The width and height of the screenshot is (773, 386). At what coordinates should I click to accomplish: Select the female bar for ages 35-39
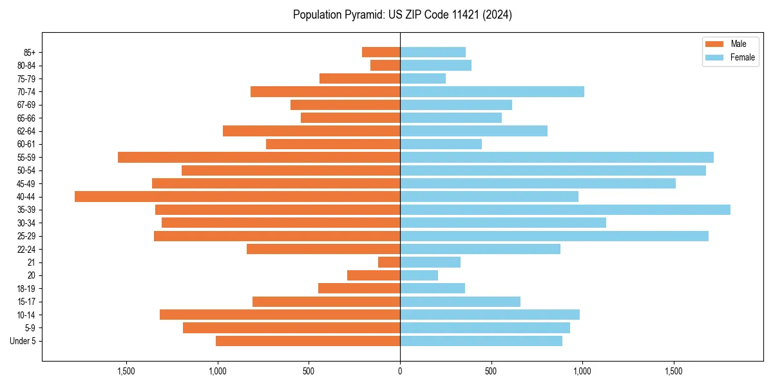click(565, 210)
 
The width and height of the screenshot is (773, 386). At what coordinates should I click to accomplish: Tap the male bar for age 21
click(389, 262)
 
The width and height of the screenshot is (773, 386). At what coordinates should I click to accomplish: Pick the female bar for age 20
click(419, 275)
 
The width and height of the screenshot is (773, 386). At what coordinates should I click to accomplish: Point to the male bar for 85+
click(381, 52)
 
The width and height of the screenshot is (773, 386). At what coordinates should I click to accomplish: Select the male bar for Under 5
click(308, 341)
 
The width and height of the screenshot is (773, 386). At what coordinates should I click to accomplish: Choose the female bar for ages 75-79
click(423, 78)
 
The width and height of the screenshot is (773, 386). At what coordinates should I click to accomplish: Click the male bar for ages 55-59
click(259, 158)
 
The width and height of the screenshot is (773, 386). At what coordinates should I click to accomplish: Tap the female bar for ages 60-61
click(441, 144)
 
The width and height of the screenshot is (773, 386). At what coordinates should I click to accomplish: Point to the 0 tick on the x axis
click(400, 371)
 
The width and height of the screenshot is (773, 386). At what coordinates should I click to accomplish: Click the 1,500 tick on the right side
click(674, 371)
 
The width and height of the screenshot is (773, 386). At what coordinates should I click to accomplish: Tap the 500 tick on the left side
click(309, 371)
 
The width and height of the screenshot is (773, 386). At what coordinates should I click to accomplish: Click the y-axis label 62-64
click(26, 131)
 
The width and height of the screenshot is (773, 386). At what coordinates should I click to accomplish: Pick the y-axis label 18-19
click(26, 289)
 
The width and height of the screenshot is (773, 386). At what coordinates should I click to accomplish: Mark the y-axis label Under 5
click(23, 341)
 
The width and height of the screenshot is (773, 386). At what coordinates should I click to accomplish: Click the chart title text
click(402, 15)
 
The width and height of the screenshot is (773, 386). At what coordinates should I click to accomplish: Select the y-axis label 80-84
click(26, 66)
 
